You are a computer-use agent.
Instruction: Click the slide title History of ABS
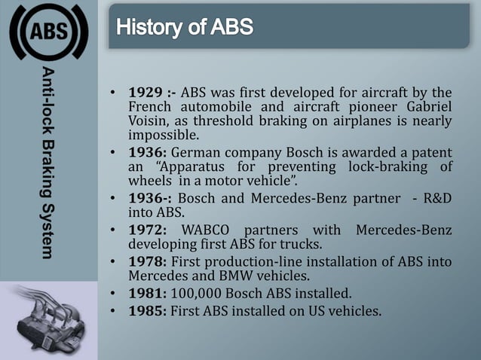coord(185,29)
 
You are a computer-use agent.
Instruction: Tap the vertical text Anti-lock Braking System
coord(48,162)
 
